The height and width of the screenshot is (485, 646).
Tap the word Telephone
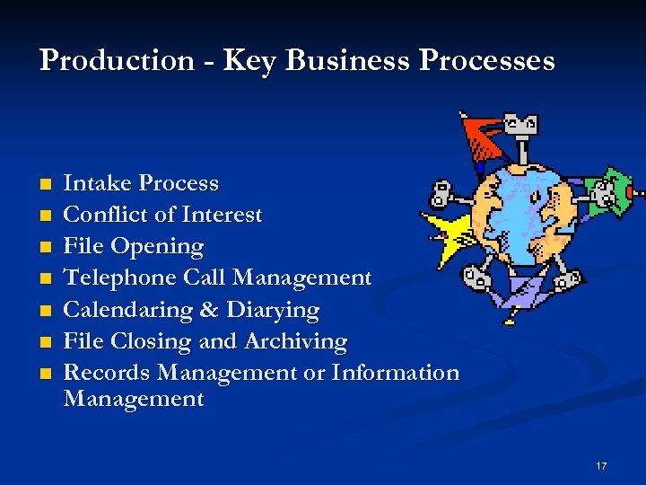[x=120, y=278]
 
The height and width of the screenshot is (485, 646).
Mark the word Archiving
[x=302, y=342]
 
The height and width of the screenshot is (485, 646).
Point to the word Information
[x=396, y=373]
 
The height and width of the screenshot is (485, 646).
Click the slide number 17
[x=600, y=465]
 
